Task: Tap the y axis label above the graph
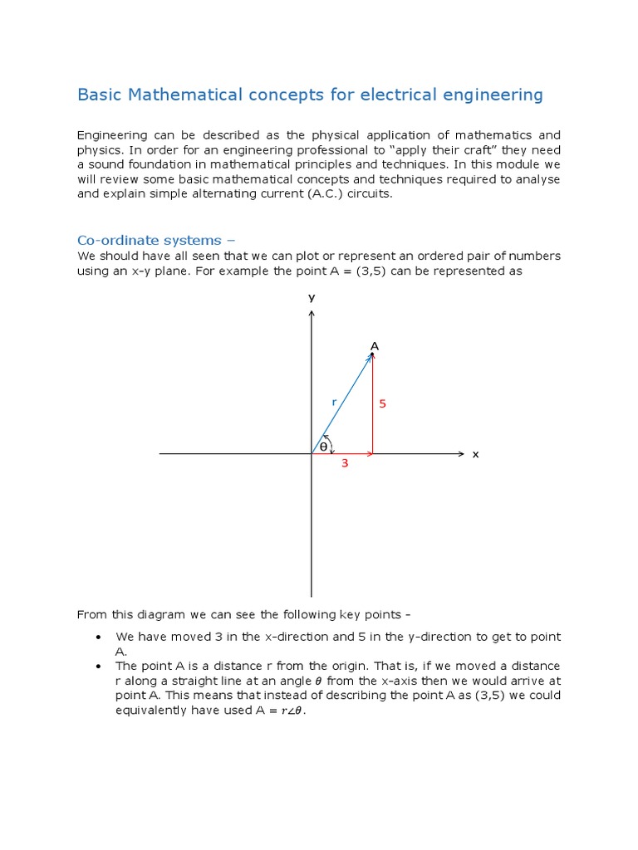coord(312,297)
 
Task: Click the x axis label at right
coord(476,455)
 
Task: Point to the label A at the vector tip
coord(375,345)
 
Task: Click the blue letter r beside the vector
coord(334,402)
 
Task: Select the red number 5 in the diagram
coord(383,404)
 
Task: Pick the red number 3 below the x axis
coord(344,464)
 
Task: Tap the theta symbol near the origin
coord(323,447)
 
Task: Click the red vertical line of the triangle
coord(373,407)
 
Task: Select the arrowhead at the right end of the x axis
coord(461,454)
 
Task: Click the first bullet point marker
coord(98,637)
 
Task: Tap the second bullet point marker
coord(98,667)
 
